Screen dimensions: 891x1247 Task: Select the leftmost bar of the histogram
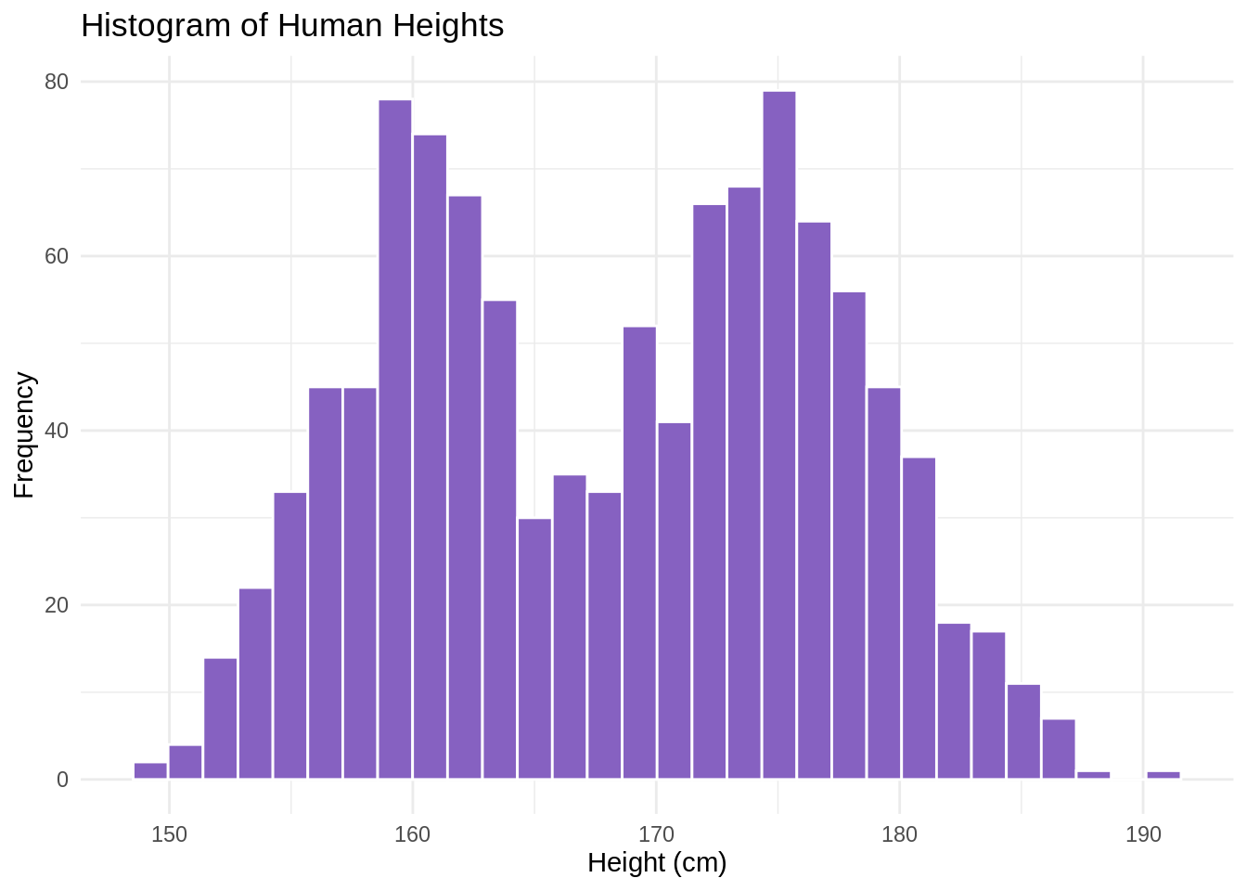tap(150, 771)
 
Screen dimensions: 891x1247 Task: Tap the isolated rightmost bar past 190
tap(1163, 775)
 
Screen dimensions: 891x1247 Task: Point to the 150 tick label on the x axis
tap(169, 834)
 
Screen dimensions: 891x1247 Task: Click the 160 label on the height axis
tap(412, 834)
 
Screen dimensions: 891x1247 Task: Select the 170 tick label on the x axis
tap(656, 834)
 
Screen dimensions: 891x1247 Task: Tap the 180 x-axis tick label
tap(899, 834)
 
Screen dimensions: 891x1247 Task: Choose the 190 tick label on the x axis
tap(1143, 834)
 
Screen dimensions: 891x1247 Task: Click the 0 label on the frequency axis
tap(62, 780)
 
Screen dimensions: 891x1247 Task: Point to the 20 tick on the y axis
tap(58, 605)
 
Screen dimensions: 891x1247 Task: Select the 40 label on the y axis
tap(58, 431)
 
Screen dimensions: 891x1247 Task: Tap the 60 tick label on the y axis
tap(58, 256)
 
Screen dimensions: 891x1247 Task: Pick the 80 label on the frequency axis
tap(58, 82)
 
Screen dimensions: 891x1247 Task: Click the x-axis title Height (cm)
tap(657, 863)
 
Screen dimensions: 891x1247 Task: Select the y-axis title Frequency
tap(24, 434)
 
